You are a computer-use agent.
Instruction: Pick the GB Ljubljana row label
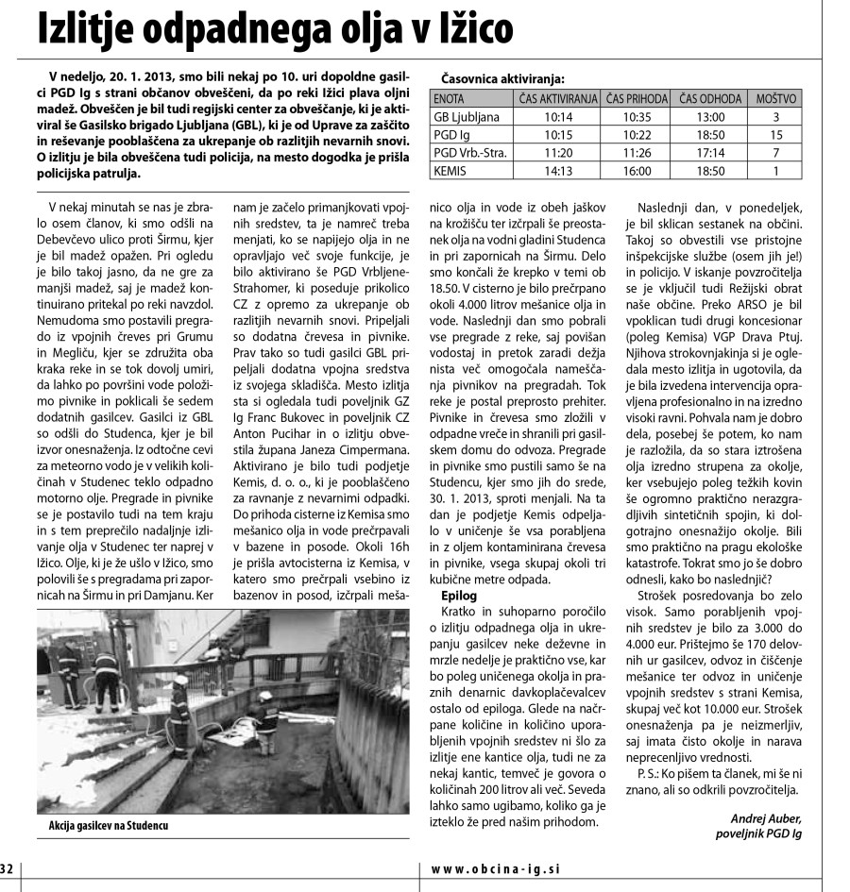466,117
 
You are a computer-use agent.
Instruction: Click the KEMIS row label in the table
450,171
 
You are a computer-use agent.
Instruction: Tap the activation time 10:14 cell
559,117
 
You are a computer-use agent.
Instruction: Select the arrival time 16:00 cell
637,171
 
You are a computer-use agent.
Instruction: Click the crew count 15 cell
775,135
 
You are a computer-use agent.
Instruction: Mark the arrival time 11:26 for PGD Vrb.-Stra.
637,153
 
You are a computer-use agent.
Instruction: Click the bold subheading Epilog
460,597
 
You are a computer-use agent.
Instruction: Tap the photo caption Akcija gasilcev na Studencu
114,825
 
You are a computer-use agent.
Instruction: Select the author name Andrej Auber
765,818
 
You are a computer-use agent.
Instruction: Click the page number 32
8,869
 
